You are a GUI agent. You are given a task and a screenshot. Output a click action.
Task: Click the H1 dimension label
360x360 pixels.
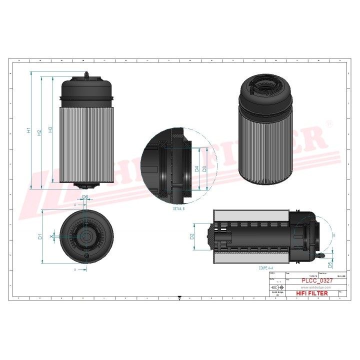pos(29,130)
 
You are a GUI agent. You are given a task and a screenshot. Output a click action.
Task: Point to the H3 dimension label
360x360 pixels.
pos(50,130)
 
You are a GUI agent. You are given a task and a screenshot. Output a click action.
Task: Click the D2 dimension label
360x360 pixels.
pos(191,236)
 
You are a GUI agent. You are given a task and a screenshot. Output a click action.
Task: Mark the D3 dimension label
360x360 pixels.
pos(204,168)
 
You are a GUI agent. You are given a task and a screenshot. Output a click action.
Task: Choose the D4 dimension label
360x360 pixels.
pos(197,168)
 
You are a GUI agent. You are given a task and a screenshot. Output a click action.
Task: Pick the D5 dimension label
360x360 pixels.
pos(329,264)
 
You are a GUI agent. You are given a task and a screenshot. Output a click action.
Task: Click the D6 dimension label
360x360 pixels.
pos(85,197)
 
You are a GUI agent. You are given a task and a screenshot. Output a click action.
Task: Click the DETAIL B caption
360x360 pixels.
pos(178,207)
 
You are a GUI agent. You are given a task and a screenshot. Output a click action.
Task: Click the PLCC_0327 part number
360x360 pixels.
pos(315,281)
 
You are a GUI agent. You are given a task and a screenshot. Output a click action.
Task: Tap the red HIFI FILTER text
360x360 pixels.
pos(312,293)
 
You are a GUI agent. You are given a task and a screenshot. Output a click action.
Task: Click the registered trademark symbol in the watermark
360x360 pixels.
pos(328,123)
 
